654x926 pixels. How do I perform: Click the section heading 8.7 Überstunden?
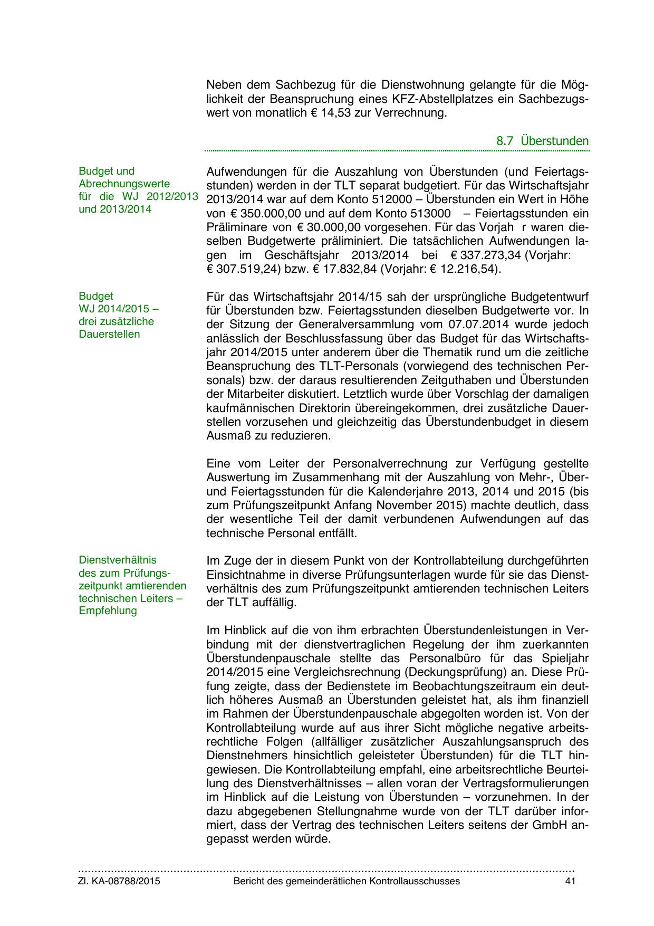tap(542, 141)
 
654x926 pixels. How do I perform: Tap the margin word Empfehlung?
tap(108, 611)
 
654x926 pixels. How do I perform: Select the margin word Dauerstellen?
tap(109, 335)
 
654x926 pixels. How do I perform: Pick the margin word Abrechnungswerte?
tap(124, 184)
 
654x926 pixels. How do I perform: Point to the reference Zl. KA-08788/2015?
tap(119, 882)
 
